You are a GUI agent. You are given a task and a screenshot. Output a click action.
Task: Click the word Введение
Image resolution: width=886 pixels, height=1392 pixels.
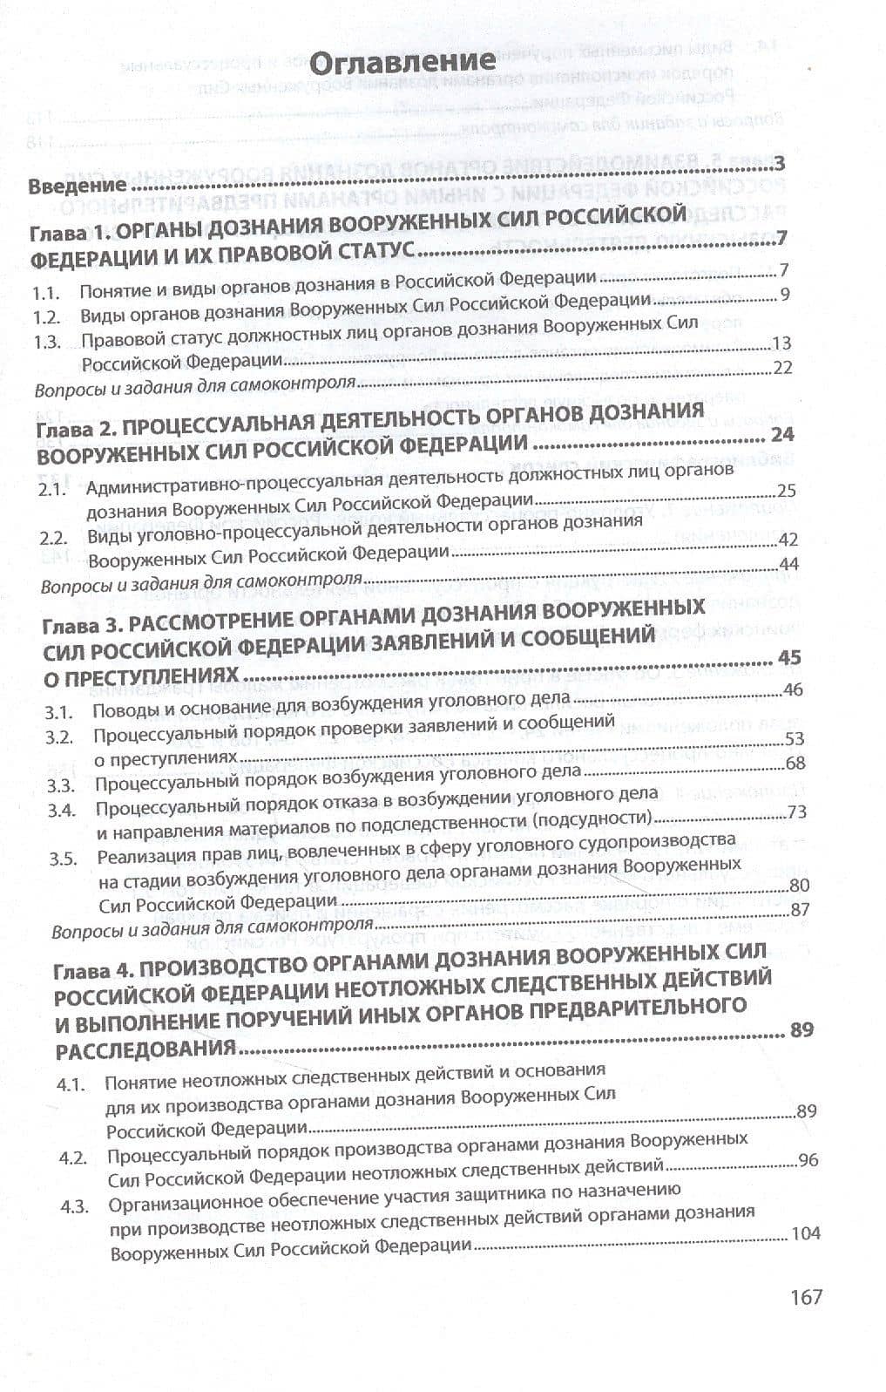(x=77, y=187)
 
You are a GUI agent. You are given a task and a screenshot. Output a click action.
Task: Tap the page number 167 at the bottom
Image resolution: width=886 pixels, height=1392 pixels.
(x=806, y=1296)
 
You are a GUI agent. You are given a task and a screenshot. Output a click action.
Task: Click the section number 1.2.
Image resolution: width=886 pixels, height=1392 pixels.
(x=46, y=316)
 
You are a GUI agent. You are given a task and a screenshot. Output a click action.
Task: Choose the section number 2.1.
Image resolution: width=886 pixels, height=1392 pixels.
(x=52, y=490)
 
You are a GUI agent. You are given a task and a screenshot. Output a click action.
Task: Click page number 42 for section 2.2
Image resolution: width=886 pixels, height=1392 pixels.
(x=788, y=540)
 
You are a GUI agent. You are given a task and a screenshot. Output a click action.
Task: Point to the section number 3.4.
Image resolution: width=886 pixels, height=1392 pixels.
(x=63, y=810)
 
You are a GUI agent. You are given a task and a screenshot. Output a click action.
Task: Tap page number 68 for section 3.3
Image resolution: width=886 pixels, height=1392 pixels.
(x=795, y=764)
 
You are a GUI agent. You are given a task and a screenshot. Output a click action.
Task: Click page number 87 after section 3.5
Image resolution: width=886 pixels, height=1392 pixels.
(x=800, y=909)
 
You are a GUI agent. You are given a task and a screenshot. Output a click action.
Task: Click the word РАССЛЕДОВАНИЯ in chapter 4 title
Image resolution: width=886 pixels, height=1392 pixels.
(x=145, y=1049)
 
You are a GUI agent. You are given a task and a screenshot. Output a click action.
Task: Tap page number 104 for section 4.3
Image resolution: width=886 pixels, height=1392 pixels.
(x=806, y=1233)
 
